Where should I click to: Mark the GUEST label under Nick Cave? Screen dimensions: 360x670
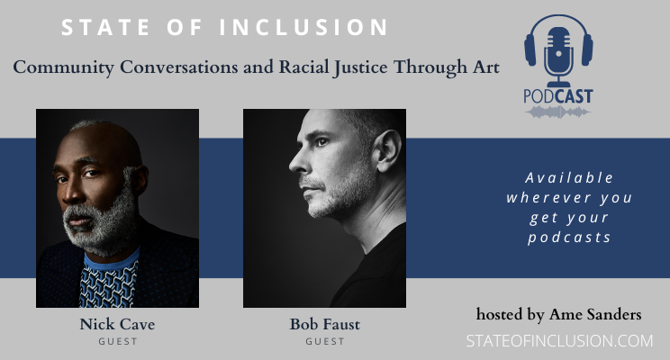[117, 342]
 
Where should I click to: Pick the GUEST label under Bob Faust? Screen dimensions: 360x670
[324, 342]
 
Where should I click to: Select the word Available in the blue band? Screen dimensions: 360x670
[571, 177]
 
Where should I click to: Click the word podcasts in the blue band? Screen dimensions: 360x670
[571, 238]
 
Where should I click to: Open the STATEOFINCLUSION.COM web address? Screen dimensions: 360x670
[559, 341]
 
